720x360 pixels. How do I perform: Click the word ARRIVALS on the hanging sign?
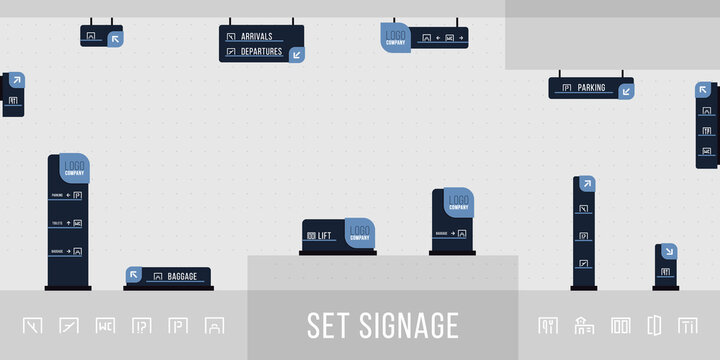coord(258,36)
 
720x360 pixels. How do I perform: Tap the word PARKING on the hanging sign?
coord(591,88)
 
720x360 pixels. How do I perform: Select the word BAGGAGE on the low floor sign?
coord(182,276)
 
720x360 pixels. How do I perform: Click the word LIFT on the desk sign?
coord(324,236)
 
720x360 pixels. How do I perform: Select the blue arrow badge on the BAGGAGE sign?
coord(134,274)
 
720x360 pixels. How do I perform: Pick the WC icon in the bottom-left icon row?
coord(105,325)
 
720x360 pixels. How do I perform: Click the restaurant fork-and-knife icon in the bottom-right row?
coord(548,325)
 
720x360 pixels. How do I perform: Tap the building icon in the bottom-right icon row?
coord(584,325)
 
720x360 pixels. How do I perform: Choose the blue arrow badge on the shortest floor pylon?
coord(669,252)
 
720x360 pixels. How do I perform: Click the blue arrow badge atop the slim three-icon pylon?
coord(587,183)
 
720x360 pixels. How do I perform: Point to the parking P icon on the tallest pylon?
coord(77,195)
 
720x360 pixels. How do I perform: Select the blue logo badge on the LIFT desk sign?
coord(360,233)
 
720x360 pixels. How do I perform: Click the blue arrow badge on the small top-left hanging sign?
coord(115,39)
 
